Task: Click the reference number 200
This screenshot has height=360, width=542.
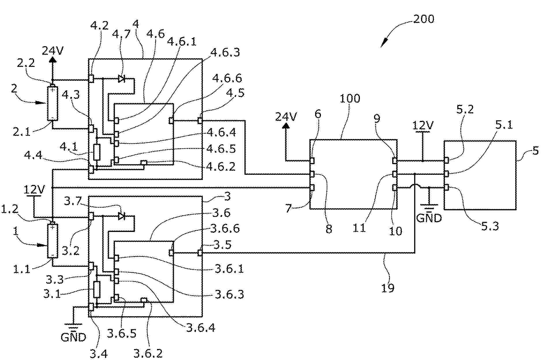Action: (x=423, y=19)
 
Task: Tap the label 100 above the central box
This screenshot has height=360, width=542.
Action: (x=350, y=99)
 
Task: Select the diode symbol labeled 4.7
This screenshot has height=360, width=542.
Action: (x=122, y=78)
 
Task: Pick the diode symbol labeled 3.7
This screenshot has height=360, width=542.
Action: (x=122, y=216)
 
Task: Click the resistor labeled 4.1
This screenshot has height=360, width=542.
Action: (x=97, y=152)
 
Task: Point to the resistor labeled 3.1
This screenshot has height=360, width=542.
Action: (x=97, y=289)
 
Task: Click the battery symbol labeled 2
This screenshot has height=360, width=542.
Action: (x=53, y=104)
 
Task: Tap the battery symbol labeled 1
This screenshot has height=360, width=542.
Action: (x=53, y=241)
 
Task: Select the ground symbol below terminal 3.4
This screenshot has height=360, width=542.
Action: (x=74, y=325)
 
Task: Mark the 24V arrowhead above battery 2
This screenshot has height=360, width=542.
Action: (x=52, y=60)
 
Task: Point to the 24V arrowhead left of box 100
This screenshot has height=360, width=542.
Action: (x=286, y=125)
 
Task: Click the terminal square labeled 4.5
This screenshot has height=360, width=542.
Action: (x=200, y=120)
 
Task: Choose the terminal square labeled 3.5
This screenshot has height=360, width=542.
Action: (x=200, y=253)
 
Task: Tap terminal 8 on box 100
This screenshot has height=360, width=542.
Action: (x=312, y=174)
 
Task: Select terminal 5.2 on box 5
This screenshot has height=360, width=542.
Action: (x=446, y=160)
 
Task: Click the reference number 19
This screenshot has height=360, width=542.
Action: (x=388, y=288)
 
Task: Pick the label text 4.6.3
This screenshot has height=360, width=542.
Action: (x=225, y=52)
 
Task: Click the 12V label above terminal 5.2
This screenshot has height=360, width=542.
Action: (x=423, y=125)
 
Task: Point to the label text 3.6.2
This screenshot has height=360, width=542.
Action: (x=148, y=353)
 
